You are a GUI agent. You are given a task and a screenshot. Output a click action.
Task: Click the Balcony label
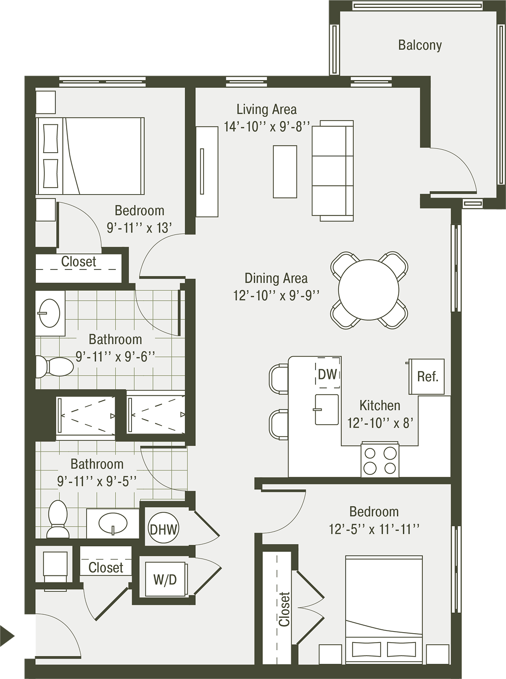pyautogui.click(x=420, y=45)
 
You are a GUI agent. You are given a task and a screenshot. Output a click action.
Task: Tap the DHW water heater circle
pyautogui.click(x=164, y=529)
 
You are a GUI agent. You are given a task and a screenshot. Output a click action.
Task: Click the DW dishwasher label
pyautogui.click(x=327, y=374)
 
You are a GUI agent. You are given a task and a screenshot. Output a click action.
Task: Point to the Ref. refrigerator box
pyautogui.click(x=426, y=376)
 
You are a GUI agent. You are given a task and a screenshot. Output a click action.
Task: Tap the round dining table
pyautogui.click(x=369, y=290)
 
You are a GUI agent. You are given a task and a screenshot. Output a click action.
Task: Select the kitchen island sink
pyautogui.click(x=327, y=410)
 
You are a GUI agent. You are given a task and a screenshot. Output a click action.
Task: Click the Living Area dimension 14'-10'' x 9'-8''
pyautogui.click(x=267, y=127)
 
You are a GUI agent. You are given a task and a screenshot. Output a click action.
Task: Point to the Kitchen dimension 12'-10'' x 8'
pyautogui.click(x=380, y=423)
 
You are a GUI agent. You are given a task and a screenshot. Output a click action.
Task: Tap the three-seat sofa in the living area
pyautogui.click(x=333, y=171)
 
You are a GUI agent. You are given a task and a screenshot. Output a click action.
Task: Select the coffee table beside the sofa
pyautogui.click(x=285, y=171)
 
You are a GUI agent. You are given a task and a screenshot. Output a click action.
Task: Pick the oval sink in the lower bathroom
pyautogui.click(x=113, y=523)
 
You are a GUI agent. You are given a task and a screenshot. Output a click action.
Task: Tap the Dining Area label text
pyautogui.click(x=276, y=278)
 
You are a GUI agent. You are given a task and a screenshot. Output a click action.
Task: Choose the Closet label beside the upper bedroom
pyautogui.click(x=79, y=262)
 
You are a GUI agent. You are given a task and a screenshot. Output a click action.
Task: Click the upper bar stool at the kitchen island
pyautogui.click(x=279, y=379)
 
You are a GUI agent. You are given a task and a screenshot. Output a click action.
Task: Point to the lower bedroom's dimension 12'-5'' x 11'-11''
pyautogui.click(x=374, y=530)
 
